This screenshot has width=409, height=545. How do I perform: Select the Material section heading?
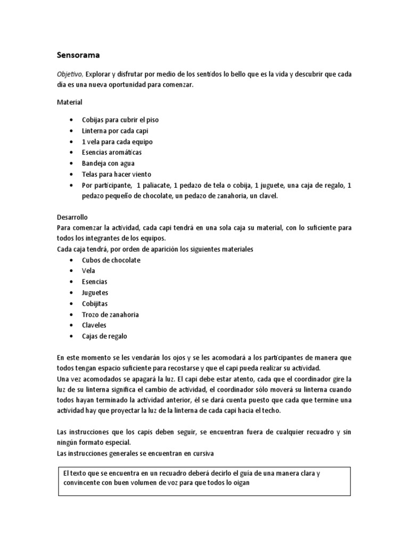coord(70,102)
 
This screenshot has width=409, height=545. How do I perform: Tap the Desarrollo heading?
coord(72,218)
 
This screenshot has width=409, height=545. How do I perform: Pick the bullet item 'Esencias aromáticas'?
coord(112,153)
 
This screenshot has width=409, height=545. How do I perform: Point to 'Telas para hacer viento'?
coord(117,174)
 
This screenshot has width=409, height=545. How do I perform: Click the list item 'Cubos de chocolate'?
coord(111,260)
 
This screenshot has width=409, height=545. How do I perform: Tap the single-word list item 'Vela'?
coord(88,271)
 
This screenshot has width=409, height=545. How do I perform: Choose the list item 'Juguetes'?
coord(95,293)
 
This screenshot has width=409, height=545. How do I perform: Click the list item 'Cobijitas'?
coord(95,303)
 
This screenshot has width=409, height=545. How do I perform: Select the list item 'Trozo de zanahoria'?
coord(110,315)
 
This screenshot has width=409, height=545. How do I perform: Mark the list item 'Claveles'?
coord(94,325)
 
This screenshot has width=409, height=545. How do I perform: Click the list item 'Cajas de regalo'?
coord(104,336)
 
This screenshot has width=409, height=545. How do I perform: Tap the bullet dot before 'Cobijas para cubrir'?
coord(71,120)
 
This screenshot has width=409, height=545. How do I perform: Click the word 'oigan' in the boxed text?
coord(240,483)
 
